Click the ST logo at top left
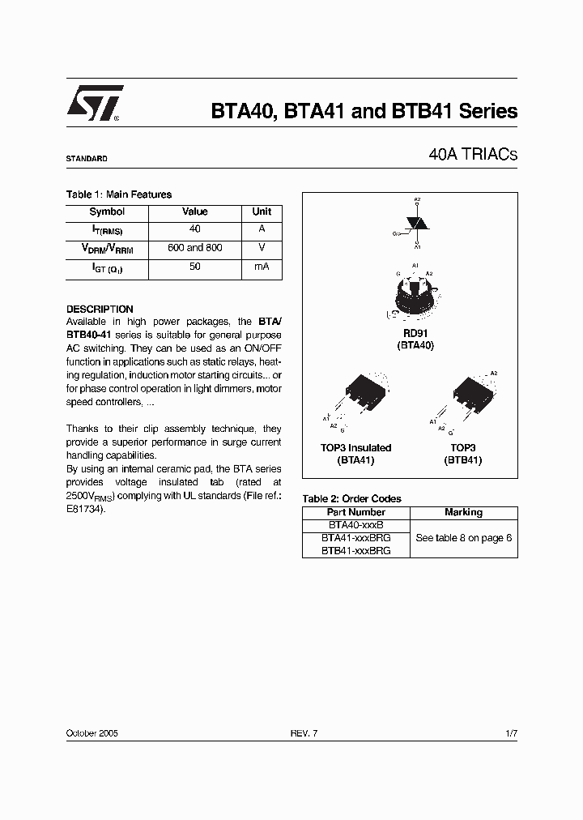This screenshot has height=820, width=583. click(x=94, y=103)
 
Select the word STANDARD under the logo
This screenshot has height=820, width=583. click(x=87, y=159)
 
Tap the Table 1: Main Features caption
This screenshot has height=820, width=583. click(x=118, y=194)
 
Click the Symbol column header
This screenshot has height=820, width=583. click(x=107, y=211)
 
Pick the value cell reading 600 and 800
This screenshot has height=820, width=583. click(x=194, y=248)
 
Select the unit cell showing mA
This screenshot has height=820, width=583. click(x=262, y=267)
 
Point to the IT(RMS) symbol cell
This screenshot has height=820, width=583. click(x=107, y=231)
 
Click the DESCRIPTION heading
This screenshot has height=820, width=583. click(x=100, y=309)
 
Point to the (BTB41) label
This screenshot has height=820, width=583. click(x=462, y=460)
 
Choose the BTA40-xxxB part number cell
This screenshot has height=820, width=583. click(x=355, y=525)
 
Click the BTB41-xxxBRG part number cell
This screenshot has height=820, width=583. click(x=355, y=550)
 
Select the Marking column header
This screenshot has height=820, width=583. click(x=463, y=512)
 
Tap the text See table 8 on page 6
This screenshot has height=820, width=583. click(x=463, y=538)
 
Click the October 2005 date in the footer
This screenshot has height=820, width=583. click(x=92, y=732)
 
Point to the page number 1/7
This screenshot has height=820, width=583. click(x=510, y=732)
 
